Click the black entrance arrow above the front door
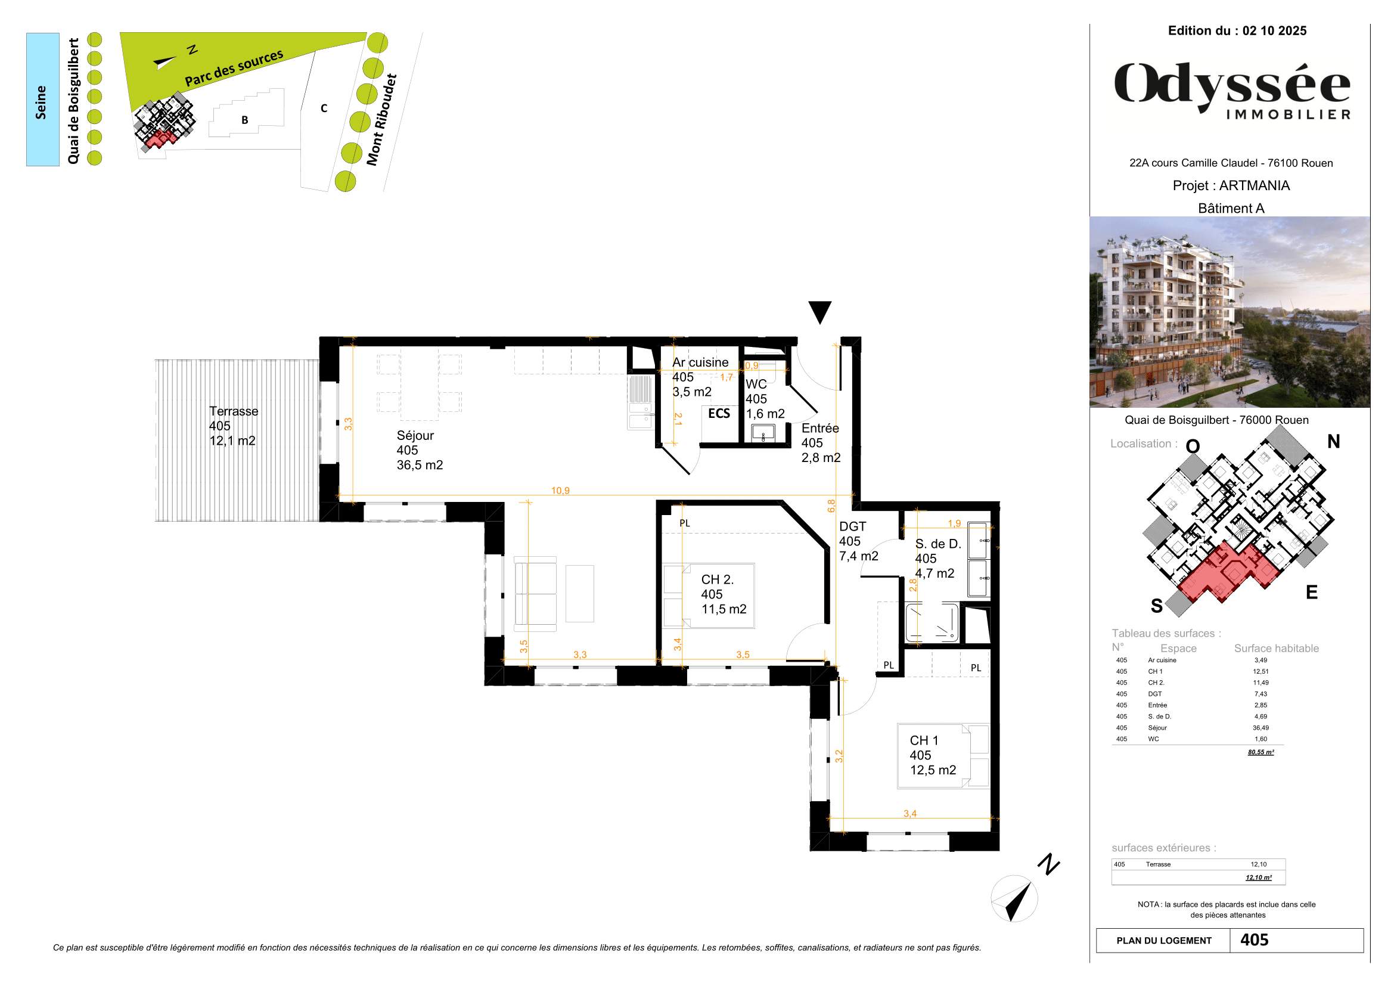(819, 311)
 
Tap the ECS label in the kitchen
(719, 414)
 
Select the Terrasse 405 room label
(233, 426)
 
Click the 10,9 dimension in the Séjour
(560, 491)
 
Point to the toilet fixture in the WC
(763, 433)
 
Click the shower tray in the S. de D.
(932, 622)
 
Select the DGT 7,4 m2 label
(858, 541)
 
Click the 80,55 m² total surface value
(1261, 752)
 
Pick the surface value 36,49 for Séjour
(1261, 727)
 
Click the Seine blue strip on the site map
(42, 100)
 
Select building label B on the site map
(245, 120)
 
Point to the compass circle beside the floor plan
(1014, 898)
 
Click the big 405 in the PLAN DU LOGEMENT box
(1255, 940)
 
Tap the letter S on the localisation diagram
(1157, 605)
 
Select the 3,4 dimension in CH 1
(909, 814)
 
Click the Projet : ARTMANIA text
(1231, 186)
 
